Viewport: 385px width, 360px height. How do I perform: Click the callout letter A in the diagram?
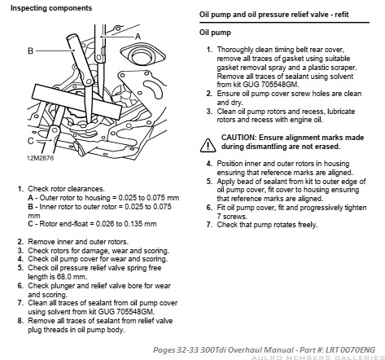138,37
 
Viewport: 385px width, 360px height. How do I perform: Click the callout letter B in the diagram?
31,50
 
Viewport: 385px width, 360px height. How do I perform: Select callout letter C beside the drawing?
31,141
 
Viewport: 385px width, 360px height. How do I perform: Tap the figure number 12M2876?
41,158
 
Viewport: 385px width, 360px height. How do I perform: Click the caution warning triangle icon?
208,145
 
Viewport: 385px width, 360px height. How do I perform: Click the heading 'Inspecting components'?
51,8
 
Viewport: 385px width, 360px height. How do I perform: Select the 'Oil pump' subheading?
215,33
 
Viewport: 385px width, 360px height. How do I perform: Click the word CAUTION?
238,138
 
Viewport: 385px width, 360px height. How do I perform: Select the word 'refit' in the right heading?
342,15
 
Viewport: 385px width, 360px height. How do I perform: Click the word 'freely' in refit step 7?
307,225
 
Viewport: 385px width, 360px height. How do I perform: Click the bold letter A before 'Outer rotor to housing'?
30,198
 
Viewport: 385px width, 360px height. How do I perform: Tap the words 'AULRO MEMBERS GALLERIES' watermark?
318,358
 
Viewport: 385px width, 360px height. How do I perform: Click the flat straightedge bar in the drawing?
77,101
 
